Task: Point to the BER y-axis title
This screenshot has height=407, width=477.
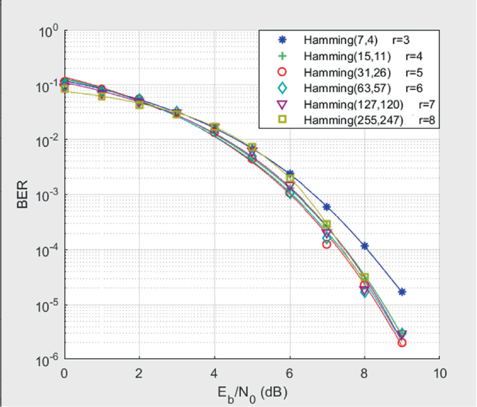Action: tap(21, 197)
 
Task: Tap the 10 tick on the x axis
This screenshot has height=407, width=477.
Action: tap(439, 373)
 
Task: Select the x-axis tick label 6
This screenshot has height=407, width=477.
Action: tap(289, 373)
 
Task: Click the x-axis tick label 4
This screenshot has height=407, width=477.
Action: tap(214, 373)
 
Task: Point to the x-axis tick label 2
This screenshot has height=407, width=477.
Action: tap(139, 373)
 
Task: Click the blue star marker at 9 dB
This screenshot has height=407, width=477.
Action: tap(402, 292)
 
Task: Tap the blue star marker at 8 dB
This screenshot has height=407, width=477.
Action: tap(364, 246)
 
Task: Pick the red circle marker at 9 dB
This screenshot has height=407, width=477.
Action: tap(402, 342)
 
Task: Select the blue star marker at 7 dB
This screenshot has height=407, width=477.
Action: tap(327, 207)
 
